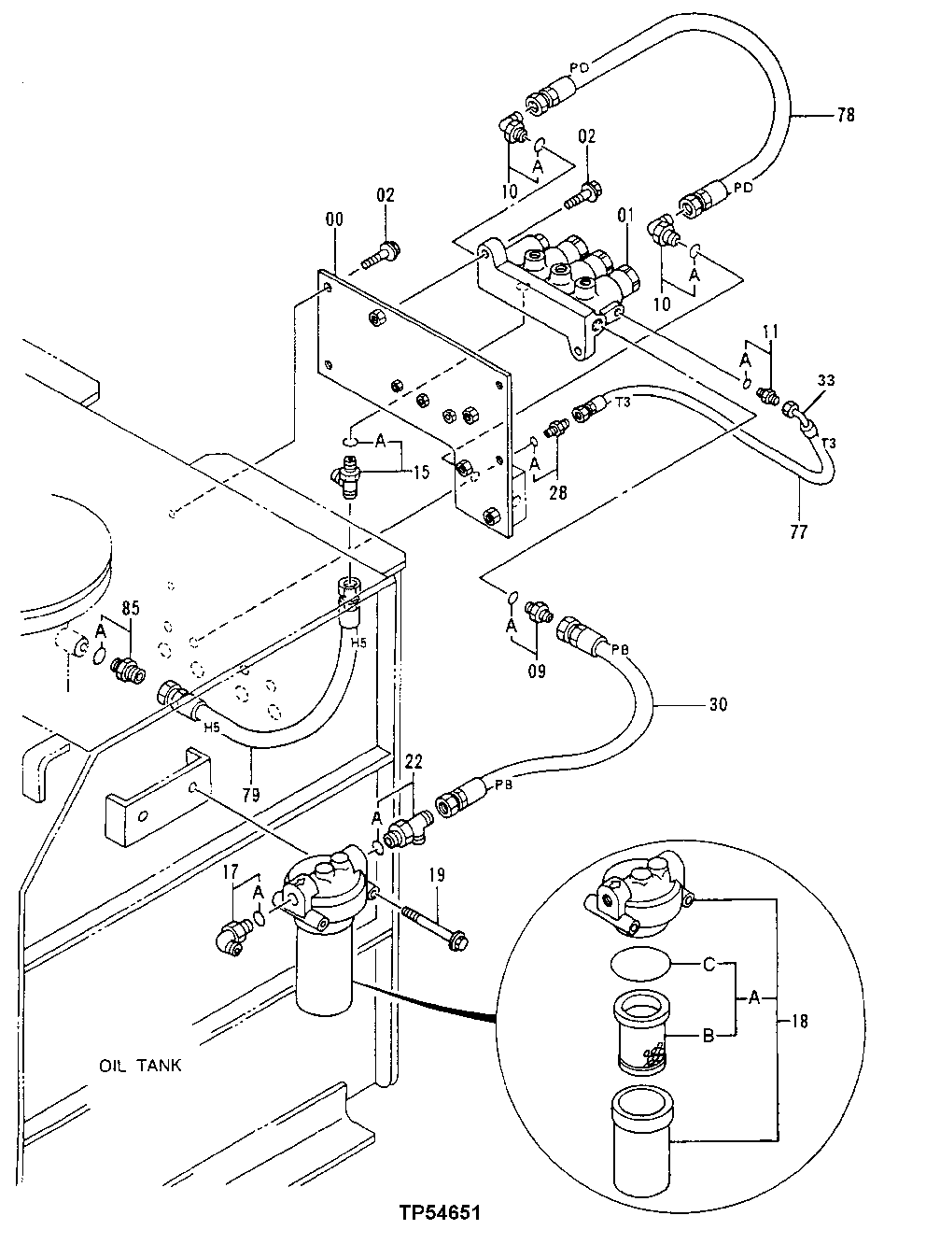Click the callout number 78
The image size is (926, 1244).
(x=846, y=116)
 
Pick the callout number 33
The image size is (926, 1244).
(x=827, y=380)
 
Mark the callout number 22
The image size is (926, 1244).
(x=413, y=764)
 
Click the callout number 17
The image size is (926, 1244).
(x=231, y=875)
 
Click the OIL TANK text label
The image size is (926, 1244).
(x=140, y=1066)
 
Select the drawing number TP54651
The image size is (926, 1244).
(x=437, y=1215)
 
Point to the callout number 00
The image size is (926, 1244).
(x=334, y=219)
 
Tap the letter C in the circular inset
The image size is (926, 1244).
(x=709, y=965)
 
